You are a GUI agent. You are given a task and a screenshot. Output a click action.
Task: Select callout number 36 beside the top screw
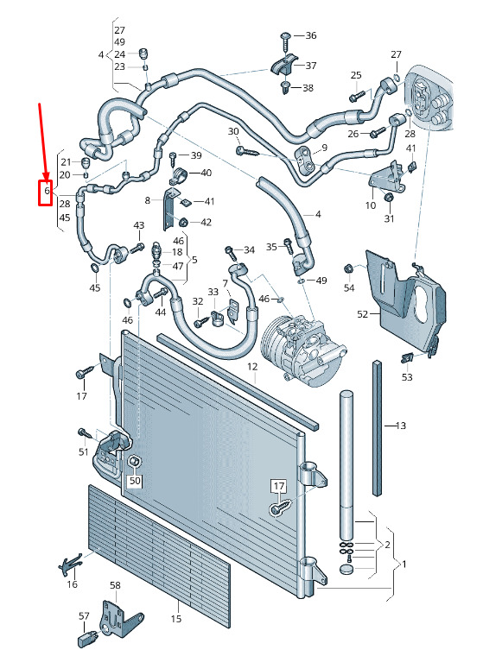311,35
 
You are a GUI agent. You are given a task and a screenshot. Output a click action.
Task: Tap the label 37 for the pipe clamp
311,66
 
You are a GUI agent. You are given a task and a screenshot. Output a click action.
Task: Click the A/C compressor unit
303,350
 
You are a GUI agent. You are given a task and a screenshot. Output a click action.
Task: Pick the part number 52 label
363,314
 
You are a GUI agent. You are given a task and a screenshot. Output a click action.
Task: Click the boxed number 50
135,481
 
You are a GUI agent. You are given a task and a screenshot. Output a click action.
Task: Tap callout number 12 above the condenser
252,367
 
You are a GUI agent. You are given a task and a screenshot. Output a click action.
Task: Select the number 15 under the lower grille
176,618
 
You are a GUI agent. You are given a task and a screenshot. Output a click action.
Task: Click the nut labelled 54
347,268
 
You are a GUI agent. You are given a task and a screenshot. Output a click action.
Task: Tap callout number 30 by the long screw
233,131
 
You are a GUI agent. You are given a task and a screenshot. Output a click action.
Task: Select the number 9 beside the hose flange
325,148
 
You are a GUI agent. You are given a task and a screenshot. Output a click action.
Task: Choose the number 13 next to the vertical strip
400,426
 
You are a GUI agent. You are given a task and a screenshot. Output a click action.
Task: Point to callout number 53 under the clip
407,377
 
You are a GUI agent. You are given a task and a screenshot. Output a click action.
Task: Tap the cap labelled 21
86,162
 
